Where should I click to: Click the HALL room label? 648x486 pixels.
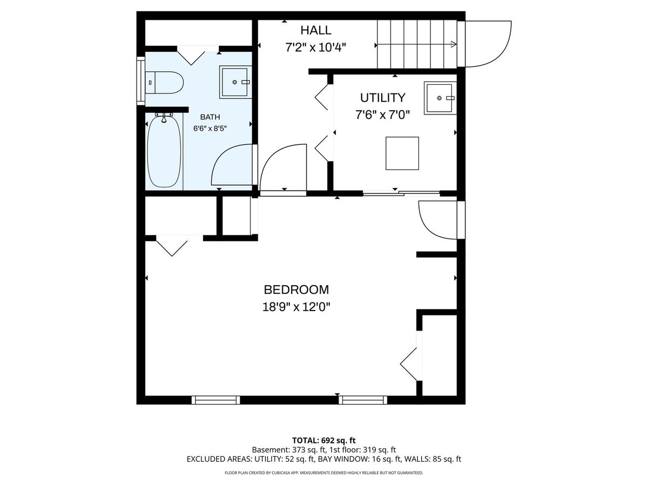[x=315, y=30]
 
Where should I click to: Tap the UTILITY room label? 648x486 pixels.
[x=383, y=98]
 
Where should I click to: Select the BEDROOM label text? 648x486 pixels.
[x=296, y=290]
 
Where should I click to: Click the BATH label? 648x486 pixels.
[x=210, y=117]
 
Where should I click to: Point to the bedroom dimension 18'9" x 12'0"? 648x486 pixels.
[x=296, y=307]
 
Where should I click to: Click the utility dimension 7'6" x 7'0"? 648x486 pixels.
[x=383, y=115]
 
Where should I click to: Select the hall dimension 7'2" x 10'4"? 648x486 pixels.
[x=315, y=47]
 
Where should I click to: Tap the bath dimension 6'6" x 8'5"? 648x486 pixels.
[x=210, y=129]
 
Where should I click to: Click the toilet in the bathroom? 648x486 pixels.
[x=164, y=83]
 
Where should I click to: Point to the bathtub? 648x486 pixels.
[x=164, y=151]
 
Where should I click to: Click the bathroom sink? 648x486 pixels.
[x=235, y=82]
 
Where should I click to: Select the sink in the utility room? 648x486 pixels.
[x=440, y=98]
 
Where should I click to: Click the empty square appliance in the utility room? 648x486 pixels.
[x=402, y=153]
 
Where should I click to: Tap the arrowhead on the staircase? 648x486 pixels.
[x=454, y=45]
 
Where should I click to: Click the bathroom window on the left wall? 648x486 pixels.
[x=140, y=81]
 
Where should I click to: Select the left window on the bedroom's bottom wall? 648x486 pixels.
[x=216, y=400]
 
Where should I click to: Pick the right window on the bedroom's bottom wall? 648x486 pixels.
[x=363, y=400]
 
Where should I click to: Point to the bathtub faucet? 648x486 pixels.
[x=164, y=117]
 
